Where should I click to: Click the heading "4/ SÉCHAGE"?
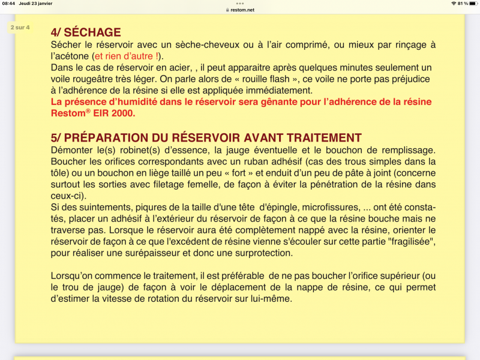coord(86,32)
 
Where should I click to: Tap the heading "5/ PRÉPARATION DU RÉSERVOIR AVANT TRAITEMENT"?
coord(206,137)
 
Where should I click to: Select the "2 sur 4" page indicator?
coord(20,28)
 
